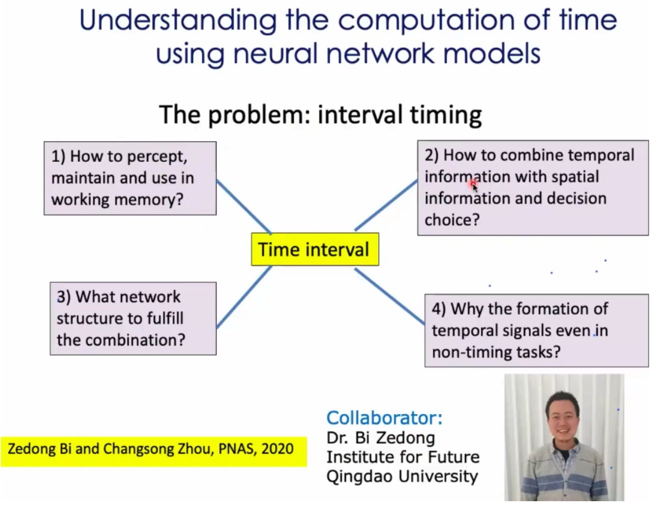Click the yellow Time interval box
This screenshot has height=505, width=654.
[315, 249]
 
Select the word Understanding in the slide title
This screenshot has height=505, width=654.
[178, 21]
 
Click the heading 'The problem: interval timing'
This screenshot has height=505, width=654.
[320, 114]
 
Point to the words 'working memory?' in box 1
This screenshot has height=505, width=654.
[118, 199]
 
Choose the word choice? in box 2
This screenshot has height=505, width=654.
[452, 220]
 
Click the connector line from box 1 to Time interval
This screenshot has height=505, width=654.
[244, 207]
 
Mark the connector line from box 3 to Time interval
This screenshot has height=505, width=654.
[245, 297]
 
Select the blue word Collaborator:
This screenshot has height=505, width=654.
[384, 418]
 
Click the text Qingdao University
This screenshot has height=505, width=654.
[402, 477]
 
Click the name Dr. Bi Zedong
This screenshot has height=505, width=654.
[381, 438]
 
